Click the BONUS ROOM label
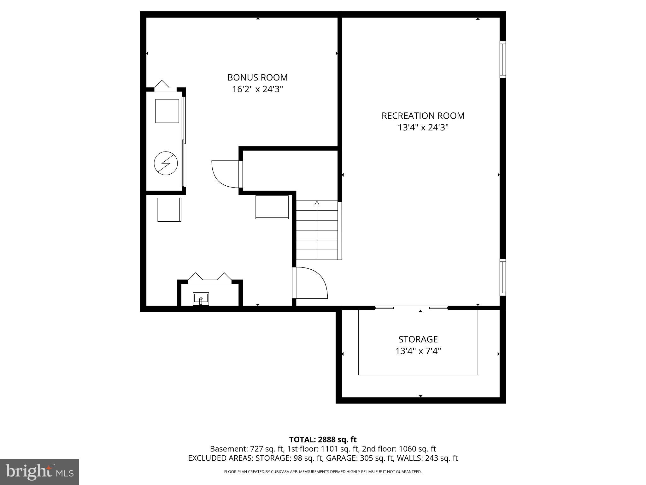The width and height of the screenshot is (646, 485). tap(257, 77)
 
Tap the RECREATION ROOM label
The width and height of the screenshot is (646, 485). tap(423, 116)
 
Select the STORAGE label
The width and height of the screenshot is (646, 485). tap(418, 339)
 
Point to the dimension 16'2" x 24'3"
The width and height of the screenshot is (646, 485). tap(257, 89)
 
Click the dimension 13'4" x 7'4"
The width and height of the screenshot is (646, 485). tap(418, 351)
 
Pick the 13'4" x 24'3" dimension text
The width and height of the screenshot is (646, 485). tap(423, 128)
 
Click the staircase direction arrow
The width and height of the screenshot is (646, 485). tap(317, 203)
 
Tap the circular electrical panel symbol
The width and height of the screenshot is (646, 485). tap(166, 163)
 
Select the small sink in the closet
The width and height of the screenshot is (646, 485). tap(201, 299)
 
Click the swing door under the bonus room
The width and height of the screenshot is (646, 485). tap(226, 174)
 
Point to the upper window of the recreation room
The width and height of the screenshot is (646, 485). tap(502, 59)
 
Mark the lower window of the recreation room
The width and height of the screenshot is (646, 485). tap(502, 277)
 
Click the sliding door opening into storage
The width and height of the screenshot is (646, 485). tap(411, 308)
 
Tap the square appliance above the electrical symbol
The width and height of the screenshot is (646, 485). tap(167, 111)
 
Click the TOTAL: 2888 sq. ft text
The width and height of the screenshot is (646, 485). tap(323, 440)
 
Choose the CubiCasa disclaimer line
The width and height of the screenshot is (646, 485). tap(323, 472)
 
